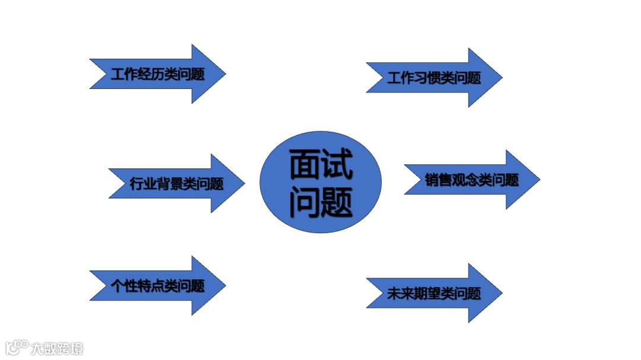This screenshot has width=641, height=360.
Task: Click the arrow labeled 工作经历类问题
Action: (x=157, y=74)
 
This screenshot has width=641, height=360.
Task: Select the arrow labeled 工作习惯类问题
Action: (x=434, y=78)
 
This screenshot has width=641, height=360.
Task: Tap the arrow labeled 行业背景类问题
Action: (x=176, y=183)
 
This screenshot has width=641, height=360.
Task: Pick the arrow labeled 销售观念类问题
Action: (x=472, y=180)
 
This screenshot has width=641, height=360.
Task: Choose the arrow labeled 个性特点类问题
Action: (x=157, y=286)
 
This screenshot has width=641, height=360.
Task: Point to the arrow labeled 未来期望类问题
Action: (x=434, y=293)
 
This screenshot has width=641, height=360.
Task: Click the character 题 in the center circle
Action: (x=337, y=202)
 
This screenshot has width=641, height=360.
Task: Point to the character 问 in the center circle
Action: (x=305, y=202)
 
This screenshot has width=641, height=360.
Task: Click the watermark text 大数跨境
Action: (x=58, y=348)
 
